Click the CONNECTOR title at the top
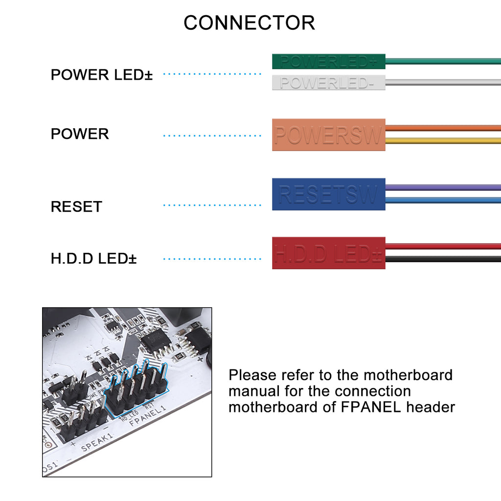[249, 23]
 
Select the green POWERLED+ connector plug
[328, 62]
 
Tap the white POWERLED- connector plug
[328, 83]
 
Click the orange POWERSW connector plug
[328, 135]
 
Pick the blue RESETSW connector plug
[328, 194]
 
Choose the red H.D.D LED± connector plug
[328, 253]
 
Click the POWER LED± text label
[102, 75]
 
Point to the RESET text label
[76, 206]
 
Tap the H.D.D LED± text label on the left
[93, 258]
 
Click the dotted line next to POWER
[212, 135]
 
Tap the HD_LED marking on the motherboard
[129, 414]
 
